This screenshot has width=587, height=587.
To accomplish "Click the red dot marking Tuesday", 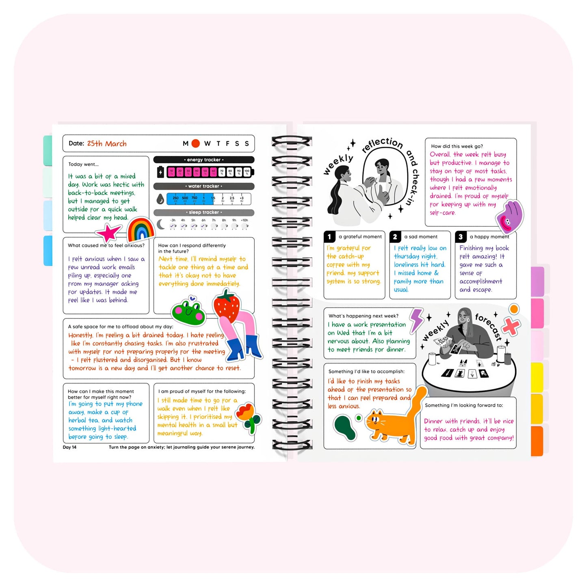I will [195, 143].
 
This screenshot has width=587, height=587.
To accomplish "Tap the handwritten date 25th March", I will [107, 143].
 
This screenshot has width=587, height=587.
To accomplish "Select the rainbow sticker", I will [141, 230].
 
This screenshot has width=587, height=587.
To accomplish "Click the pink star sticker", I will [108, 233].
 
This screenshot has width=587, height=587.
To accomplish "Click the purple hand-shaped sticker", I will [510, 216].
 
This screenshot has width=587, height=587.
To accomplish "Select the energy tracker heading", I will [204, 160].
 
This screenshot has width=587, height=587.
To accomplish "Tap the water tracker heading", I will [204, 186].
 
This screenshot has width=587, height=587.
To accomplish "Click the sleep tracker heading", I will [204, 212].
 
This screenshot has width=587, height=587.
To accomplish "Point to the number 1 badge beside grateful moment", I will [329, 236].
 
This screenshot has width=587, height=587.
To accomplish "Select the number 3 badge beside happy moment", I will [461, 236].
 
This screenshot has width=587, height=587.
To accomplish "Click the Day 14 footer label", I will [69, 447].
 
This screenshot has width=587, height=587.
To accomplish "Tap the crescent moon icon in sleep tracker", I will [161, 224].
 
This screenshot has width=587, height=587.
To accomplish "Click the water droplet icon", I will [160, 199].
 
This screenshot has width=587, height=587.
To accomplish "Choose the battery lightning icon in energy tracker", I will [160, 172].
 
